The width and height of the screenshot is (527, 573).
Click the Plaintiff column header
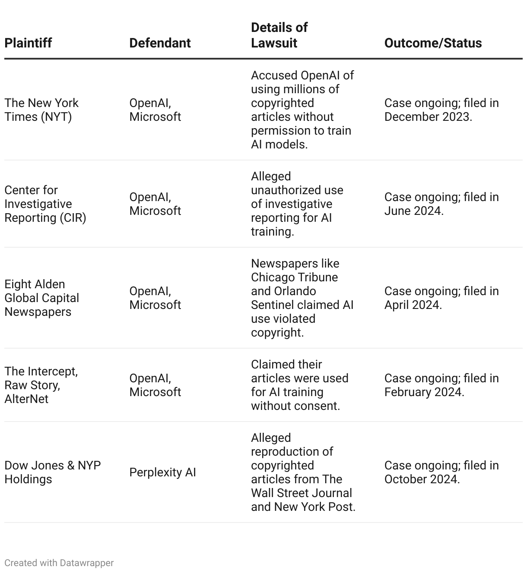pyautogui.click(x=28, y=43)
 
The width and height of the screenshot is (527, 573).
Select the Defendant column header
pyautogui.click(x=160, y=43)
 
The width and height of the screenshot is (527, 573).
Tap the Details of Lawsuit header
pyautogui.click(x=279, y=35)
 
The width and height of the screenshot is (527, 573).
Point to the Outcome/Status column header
pyautogui.click(x=433, y=43)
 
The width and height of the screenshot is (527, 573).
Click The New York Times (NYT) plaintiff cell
pyautogui.click(x=41, y=110)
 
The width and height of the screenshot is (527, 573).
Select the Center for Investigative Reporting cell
pyautogui.click(x=45, y=204)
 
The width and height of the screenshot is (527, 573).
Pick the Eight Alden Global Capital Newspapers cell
pyautogui.click(x=41, y=298)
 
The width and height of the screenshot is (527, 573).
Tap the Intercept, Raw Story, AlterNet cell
pyautogui.click(x=41, y=385)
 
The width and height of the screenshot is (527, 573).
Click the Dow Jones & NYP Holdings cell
pyautogui.click(x=52, y=472)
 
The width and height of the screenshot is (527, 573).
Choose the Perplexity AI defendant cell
pyautogui.click(x=162, y=472)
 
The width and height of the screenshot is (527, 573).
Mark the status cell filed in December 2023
pyautogui.click(x=441, y=110)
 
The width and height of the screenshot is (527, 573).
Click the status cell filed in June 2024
pyautogui.click(x=441, y=204)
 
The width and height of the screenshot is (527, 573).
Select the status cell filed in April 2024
pyautogui.click(x=441, y=298)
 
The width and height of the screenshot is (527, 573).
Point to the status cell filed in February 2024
pyautogui.click(x=441, y=385)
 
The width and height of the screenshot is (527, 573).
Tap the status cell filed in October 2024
pyautogui.click(x=441, y=472)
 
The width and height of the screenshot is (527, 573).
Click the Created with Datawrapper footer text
pyautogui.click(x=59, y=563)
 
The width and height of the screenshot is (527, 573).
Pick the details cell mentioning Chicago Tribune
pyautogui.click(x=302, y=298)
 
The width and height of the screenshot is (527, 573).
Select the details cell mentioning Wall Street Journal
pyautogui.click(x=303, y=472)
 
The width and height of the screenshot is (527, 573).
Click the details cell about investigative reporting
pyautogui.click(x=297, y=204)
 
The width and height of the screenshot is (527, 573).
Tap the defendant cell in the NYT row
pyautogui.click(x=155, y=110)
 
